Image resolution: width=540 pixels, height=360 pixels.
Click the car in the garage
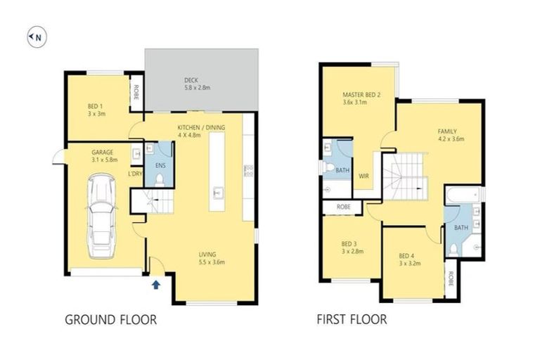click(101, 217)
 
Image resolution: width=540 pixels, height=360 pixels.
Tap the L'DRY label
click(135, 174)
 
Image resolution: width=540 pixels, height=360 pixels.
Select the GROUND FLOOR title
click(110, 320)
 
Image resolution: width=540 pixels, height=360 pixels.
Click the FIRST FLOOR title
click(352, 320)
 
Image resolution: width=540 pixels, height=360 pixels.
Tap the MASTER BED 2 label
click(361, 94)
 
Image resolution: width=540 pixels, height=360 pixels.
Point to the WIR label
click(364, 176)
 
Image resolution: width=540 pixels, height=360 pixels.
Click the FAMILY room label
click(447, 131)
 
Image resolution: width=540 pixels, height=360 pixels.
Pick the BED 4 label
click(407, 255)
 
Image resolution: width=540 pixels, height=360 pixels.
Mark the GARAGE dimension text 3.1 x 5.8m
click(103, 160)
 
